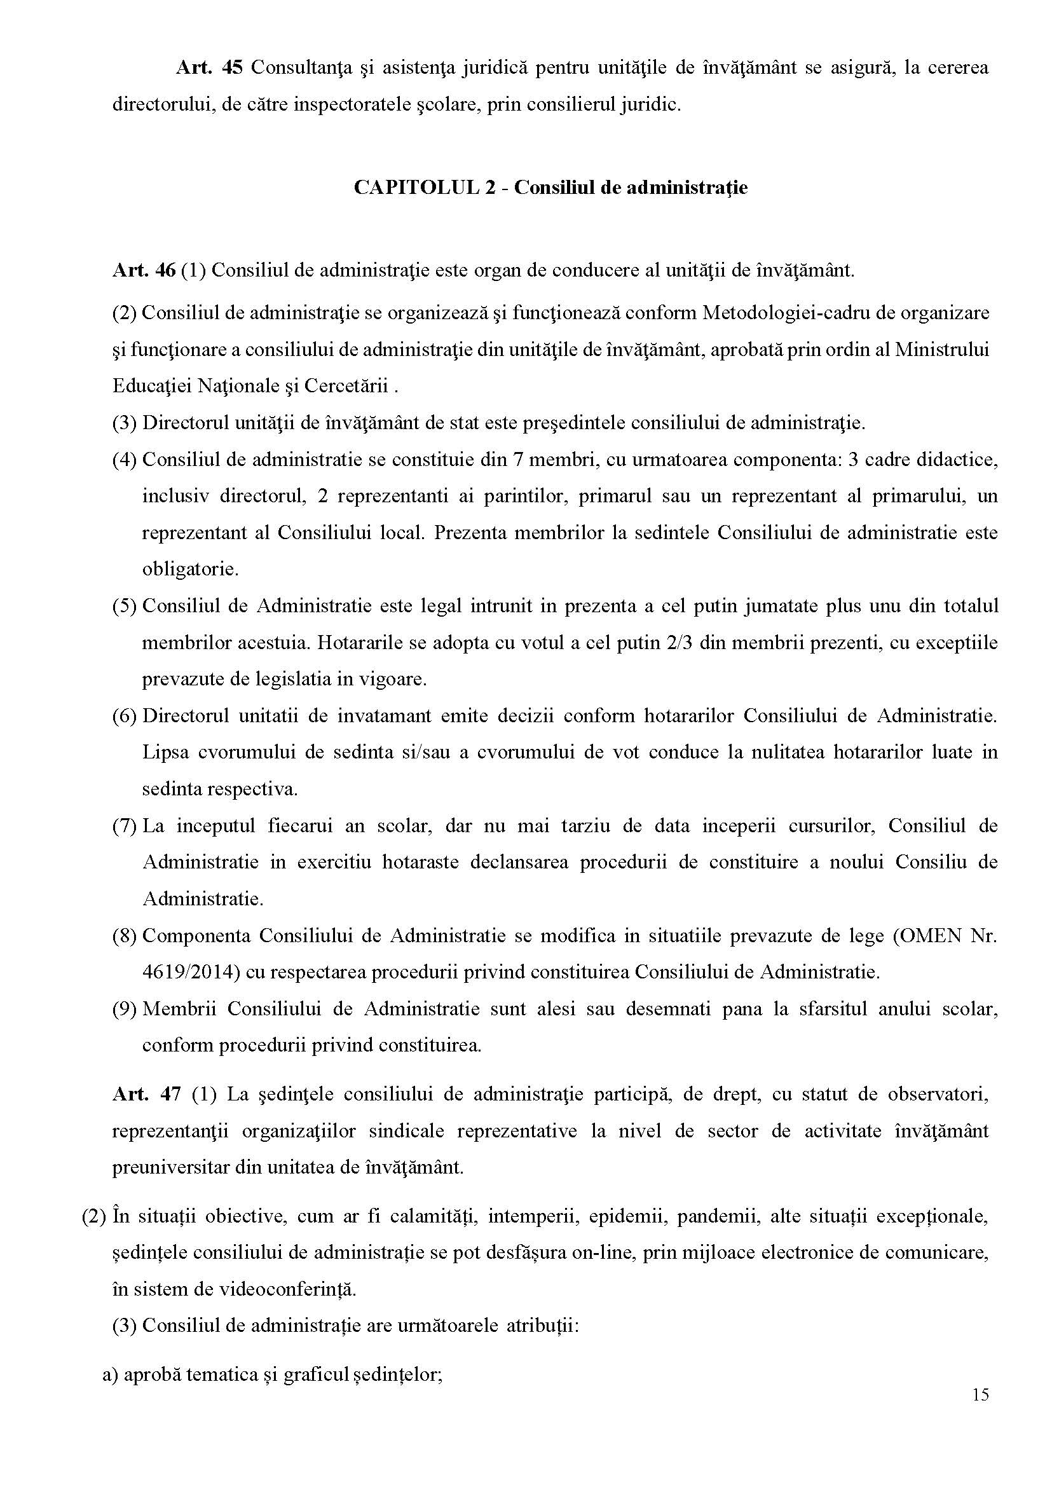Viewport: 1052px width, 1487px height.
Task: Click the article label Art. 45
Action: [x=208, y=68]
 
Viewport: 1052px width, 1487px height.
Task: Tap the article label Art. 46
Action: [x=144, y=270]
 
